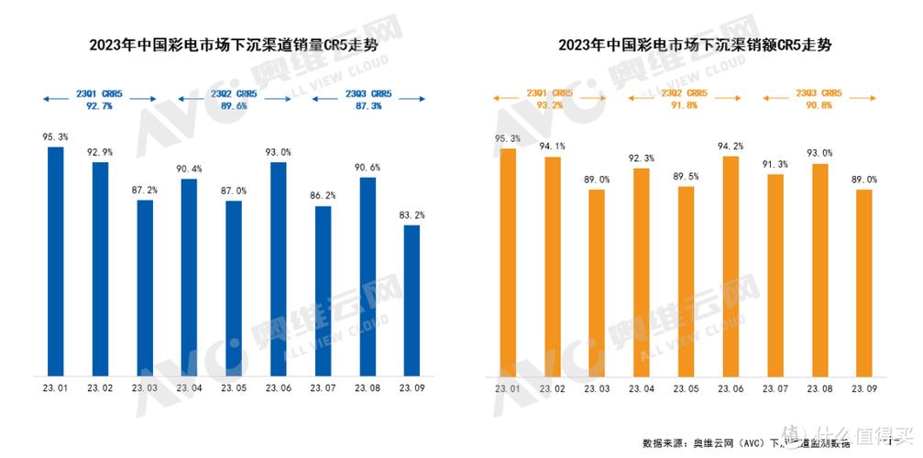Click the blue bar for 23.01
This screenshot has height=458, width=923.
pyautogui.click(x=55, y=261)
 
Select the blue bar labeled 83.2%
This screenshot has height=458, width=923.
pyautogui.click(x=412, y=300)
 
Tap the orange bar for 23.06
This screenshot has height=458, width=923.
pyautogui.click(x=731, y=266)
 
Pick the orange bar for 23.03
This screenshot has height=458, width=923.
pyautogui.click(x=597, y=282)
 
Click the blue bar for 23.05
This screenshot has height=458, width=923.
pyautogui.click(x=234, y=288)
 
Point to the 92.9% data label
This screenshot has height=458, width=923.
pyautogui.click(x=100, y=151)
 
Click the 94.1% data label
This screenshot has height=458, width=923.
pyautogui.click(x=552, y=146)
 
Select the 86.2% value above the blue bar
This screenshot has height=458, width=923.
pyautogui.click(x=323, y=195)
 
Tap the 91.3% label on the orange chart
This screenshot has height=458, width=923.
pyautogui.click(x=775, y=163)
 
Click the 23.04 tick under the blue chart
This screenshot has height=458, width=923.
pyautogui.click(x=189, y=388)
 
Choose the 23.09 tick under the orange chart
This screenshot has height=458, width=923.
pyautogui.click(x=864, y=388)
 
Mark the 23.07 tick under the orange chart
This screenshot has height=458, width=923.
pyautogui.click(x=775, y=388)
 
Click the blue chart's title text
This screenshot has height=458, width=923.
pyautogui.click(x=233, y=45)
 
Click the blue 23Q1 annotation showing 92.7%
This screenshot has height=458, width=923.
pyautogui.click(x=99, y=100)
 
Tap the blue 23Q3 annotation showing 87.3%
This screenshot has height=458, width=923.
pyautogui.click(x=368, y=100)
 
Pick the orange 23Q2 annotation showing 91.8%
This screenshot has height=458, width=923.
pyautogui.click(x=687, y=100)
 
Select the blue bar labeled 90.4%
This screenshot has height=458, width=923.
pyautogui.click(x=189, y=277)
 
